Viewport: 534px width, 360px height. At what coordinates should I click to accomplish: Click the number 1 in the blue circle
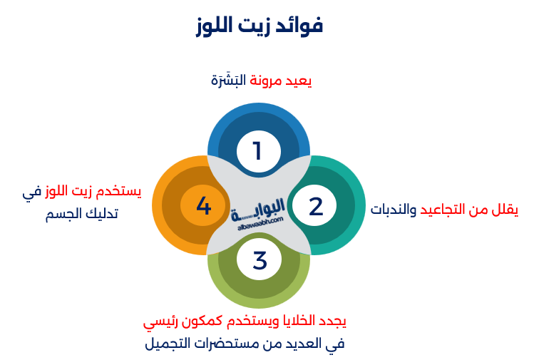coord(257,150)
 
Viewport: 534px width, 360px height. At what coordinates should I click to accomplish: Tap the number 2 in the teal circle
coord(316,207)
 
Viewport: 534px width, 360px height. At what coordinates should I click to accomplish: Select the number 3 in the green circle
coord(260,260)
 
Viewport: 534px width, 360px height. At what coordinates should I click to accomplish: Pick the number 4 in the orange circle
coord(204,205)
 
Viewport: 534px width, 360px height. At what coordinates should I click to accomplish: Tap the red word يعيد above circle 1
coord(298,81)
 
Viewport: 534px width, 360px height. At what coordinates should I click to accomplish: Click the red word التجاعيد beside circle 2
coord(443,209)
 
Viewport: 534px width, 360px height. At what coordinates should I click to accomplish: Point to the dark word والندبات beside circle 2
coord(394,210)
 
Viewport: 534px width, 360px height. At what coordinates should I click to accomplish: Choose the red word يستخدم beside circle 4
coord(118,192)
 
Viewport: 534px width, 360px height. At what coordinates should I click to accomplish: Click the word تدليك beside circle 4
coord(101,214)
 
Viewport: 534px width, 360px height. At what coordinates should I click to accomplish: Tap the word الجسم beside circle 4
coord(64,215)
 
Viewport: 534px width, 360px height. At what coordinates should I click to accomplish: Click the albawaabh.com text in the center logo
coord(260,223)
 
